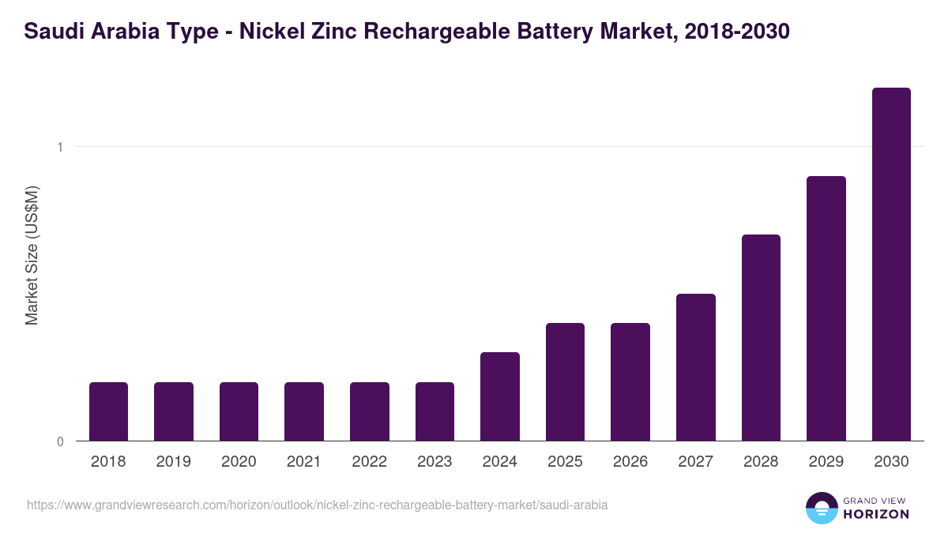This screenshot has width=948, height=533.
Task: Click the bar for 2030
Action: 891,265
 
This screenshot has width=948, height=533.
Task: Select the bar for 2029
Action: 826,309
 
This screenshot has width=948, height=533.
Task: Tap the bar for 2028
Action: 761,338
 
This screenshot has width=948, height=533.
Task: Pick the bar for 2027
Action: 695,367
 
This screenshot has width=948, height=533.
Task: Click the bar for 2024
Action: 500,396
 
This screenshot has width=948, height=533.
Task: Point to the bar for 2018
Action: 108,411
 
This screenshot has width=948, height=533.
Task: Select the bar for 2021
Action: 304,411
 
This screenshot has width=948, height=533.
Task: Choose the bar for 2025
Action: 565,382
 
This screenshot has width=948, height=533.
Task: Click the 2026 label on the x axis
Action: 630,462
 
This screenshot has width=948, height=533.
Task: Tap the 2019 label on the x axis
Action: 174,462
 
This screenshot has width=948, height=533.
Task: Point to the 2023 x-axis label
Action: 434,462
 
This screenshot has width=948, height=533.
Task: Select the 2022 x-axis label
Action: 369,462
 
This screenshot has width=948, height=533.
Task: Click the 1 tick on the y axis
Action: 60,147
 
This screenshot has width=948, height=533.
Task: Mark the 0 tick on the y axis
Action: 60,441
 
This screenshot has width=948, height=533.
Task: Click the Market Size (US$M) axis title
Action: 32,255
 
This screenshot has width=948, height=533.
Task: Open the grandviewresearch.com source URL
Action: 317,505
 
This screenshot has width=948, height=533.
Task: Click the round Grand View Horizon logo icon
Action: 822,509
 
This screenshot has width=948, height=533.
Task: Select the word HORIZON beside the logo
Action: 875,514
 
